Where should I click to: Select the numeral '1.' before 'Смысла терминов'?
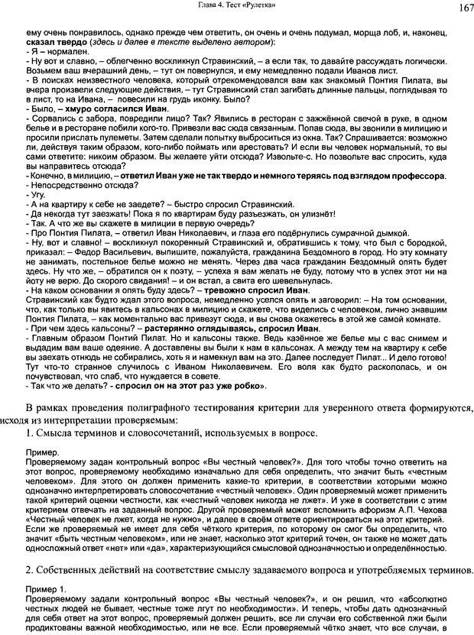point(31,433)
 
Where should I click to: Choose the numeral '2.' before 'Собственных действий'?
point(31,570)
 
